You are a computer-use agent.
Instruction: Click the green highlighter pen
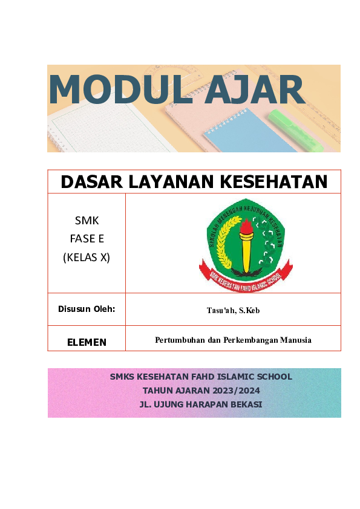(296, 129)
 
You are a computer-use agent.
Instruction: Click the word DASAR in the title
(94, 181)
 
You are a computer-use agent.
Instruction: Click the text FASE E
(87, 239)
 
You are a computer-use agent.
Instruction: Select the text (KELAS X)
(87, 257)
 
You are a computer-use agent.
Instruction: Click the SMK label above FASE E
(87, 221)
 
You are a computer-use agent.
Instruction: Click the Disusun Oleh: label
(87, 310)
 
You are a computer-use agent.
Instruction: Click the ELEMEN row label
(87, 342)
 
